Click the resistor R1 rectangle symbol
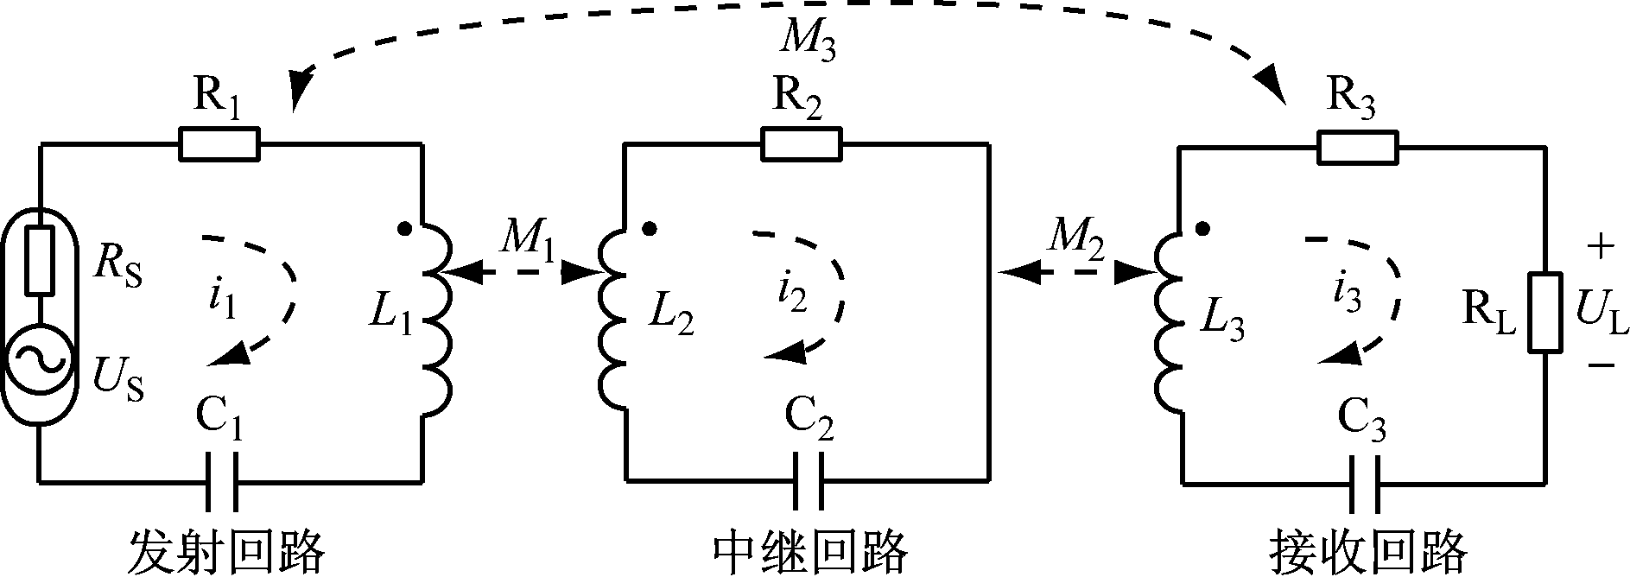(219, 144)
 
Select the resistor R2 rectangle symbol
(801, 144)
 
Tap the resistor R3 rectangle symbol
(1357, 147)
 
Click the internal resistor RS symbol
(39, 260)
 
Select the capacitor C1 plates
(221, 480)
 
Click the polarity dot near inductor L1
(403, 230)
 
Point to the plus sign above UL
(1599, 248)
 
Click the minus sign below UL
(1599, 365)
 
